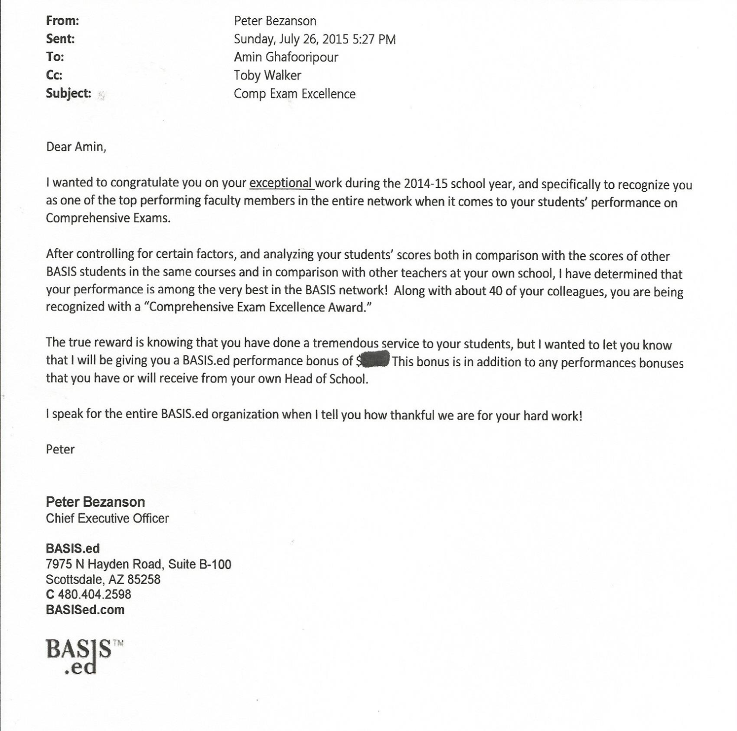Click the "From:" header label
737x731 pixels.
62,21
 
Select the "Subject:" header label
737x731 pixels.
69,93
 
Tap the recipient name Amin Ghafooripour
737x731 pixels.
286,57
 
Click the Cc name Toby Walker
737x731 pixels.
267,75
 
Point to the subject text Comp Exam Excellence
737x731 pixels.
295,94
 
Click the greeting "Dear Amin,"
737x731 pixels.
76,147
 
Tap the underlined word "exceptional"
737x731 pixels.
280,183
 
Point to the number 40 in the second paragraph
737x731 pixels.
495,291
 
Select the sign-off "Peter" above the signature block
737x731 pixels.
60,449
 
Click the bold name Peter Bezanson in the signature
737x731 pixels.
95,502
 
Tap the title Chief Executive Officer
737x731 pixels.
107,518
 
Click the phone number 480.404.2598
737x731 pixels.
94,594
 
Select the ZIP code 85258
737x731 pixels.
144,579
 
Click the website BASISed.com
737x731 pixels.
85,610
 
